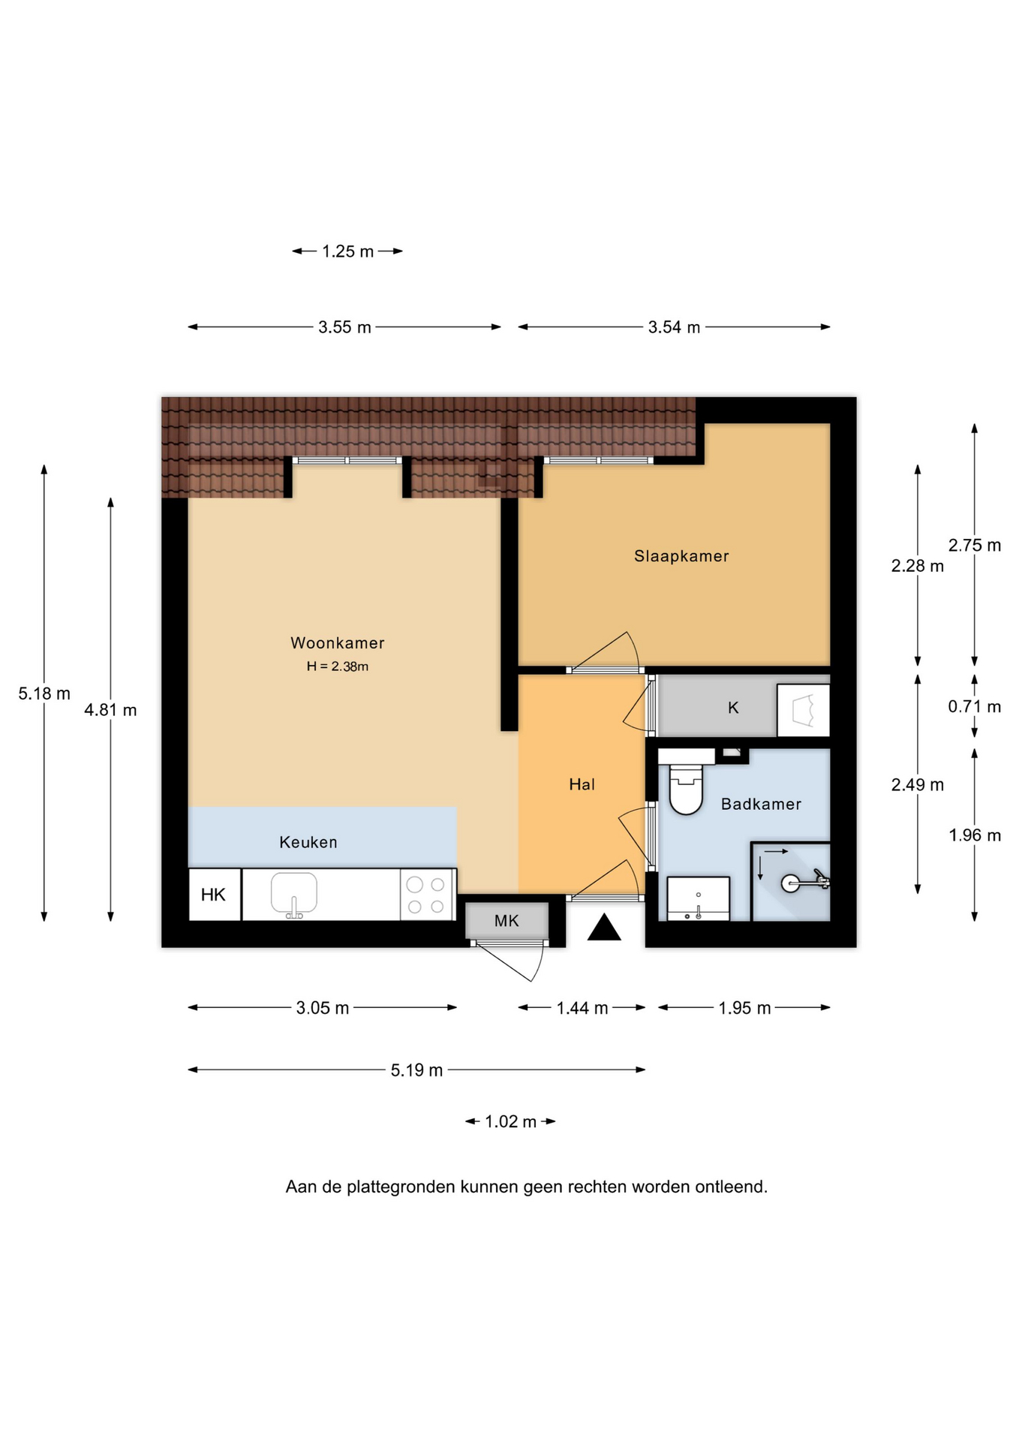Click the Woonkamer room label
(338, 643)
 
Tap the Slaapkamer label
(681, 556)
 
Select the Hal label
(582, 784)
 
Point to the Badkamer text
(761, 804)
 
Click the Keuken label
(308, 842)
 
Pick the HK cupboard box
(215, 895)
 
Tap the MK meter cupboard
(506, 921)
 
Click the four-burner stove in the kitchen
(427, 895)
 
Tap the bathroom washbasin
(698, 898)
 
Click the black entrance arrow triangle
(604, 927)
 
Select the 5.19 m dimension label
(416, 1070)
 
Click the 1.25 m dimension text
(347, 251)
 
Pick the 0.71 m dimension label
(975, 706)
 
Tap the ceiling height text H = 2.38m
(338, 666)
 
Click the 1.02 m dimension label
(510, 1122)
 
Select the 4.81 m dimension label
(110, 710)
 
